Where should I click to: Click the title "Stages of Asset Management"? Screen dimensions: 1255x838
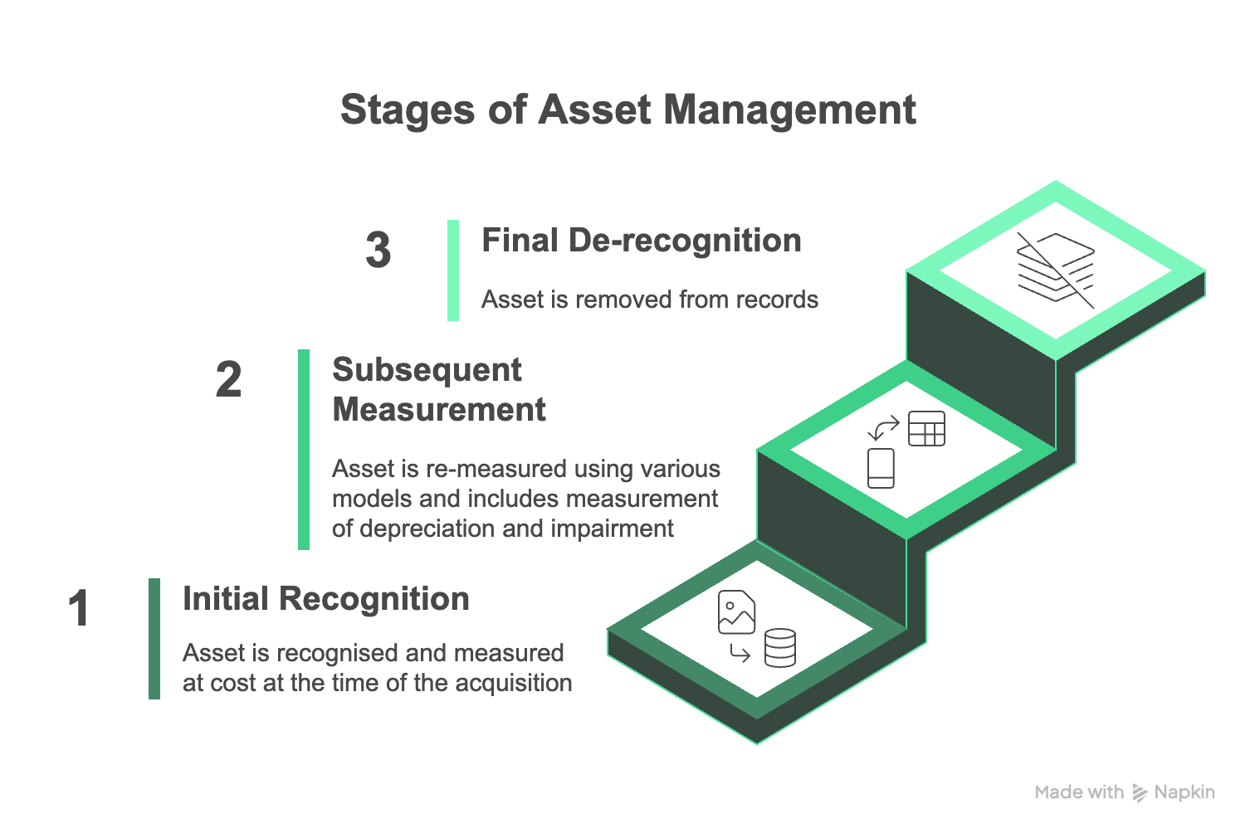point(628,110)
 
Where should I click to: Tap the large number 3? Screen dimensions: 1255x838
point(378,250)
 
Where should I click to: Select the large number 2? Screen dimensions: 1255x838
point(228,380)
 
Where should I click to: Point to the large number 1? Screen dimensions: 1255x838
point(79,608)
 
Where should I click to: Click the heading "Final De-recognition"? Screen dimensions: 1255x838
point(642,241)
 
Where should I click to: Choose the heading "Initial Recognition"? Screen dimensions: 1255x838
point(326,599)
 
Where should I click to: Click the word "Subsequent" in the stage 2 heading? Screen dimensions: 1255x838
point(427,370)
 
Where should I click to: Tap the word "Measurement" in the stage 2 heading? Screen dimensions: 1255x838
point(439,409)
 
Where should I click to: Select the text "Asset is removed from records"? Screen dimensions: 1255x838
point(650,300)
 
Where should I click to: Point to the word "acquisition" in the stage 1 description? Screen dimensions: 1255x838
point(514,683)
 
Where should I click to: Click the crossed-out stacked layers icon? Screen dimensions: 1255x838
point(1056,270)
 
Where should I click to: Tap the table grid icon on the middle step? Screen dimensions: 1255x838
point(926,428)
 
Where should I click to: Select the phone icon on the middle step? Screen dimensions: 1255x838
point(881,468)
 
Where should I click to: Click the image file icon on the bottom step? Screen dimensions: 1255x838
point(736,612)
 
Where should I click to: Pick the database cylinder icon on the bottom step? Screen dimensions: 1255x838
point(780,647)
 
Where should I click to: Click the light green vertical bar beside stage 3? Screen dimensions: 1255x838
point(453,270)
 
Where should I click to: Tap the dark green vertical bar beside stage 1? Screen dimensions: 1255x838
point(154,639)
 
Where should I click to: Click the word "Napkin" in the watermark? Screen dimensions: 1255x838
point(1184,792)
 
